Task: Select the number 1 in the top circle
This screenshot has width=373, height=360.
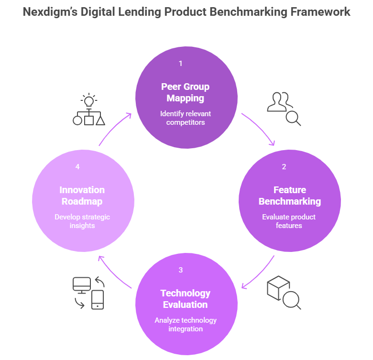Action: pos(180,63)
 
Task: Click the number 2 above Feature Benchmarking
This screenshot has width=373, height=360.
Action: pos(284,166)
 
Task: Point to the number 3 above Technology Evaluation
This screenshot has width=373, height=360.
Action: pos(180,270)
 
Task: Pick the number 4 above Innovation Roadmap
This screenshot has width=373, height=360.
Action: pos(77,166)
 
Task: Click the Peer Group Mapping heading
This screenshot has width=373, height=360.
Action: pos(186,93)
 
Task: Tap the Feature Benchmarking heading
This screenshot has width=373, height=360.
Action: pos(289,196)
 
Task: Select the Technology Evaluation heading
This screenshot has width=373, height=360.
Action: pos(185,299)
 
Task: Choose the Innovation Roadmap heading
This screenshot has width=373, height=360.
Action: pos(82,196)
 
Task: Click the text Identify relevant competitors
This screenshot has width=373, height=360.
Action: pos(186,118)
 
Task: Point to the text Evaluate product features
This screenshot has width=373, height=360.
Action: pos(289,221)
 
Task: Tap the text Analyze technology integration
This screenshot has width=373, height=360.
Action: pos(186,324)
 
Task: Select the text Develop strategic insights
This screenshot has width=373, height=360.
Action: pos(82,221)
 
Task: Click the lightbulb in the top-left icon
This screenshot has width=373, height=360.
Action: pos(88,100)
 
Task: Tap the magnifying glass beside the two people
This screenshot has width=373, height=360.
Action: pos(293,118)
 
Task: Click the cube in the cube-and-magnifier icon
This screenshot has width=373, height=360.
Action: pos(278,288)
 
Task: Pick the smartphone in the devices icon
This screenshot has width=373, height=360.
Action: pos(98,299)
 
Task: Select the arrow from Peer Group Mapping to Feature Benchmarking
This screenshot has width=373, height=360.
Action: pos(260,129)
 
